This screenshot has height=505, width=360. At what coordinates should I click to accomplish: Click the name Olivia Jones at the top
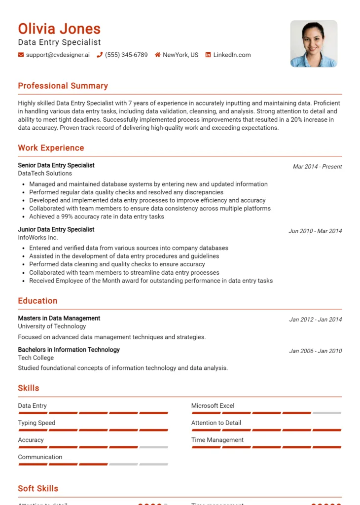tap(59, 29)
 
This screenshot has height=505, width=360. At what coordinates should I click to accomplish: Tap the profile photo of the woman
tap(314, 43)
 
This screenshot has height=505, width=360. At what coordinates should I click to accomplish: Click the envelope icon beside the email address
tap(21, 55)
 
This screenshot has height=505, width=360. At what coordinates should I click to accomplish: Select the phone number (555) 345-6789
tap(126, 55)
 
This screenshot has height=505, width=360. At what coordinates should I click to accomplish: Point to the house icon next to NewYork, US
tap(157, 55)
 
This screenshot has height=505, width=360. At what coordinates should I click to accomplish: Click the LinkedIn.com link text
tap(232, 55)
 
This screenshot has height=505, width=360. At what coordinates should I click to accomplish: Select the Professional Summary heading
tap(63, 86)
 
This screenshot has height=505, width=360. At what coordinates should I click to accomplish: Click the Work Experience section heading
tap(51, 148)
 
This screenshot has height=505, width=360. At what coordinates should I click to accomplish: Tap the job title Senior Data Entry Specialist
tap(56, 165)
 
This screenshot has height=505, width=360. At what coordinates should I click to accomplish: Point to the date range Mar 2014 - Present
tap(317, 167)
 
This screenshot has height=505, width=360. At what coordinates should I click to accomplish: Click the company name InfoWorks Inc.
tap(38, 237)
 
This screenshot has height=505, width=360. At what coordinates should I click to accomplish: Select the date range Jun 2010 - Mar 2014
tap(315, 231)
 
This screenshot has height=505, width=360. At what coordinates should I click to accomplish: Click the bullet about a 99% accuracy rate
tap(97, 216)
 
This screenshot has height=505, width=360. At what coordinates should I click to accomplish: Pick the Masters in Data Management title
tap(59, 318)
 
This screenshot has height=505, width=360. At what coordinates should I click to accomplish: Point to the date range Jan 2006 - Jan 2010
tap(315, 351)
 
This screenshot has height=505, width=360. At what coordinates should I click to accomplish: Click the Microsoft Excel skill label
tap(213, 406)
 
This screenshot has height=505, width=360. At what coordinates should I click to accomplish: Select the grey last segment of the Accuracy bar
tap(153, 447)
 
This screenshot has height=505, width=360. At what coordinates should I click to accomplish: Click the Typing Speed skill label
tap(36, 423)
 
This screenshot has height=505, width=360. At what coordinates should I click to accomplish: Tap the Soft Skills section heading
tap(38, 488)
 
